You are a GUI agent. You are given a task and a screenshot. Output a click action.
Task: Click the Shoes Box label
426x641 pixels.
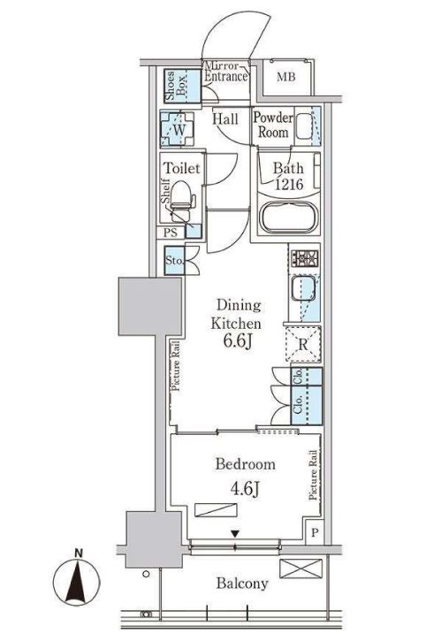click(x=175, y=86)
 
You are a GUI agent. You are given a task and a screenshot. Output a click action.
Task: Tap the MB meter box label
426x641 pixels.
click(x=285, y=77)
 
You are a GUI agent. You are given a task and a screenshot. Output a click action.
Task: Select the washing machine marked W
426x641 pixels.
click(x=178, y=129)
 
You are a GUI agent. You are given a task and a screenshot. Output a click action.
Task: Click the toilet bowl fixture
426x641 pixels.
click(x=181, y=201)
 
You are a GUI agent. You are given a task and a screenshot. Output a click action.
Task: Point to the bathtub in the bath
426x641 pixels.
click(x=289, y=217)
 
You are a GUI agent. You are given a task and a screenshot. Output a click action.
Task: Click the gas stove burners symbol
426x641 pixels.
click(x=305, y=258)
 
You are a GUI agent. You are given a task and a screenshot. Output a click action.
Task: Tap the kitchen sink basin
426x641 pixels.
click(x=303, y=287)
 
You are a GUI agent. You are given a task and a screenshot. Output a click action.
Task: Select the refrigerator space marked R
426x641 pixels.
click(x=303, y=344)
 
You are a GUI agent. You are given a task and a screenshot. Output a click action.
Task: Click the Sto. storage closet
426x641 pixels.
click(x=175, y=261)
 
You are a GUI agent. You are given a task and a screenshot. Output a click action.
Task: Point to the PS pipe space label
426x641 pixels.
click(x=171, y=233)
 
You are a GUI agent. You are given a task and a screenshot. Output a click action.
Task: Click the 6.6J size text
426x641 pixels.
click(x=237, y=341)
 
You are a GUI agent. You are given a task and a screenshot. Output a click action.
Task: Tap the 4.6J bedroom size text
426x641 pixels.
click(x=246, y=488)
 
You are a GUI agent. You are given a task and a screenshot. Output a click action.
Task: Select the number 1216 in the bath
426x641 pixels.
click(x=289, y=185)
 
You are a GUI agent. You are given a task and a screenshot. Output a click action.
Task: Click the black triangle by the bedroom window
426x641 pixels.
click(x=235, y=534)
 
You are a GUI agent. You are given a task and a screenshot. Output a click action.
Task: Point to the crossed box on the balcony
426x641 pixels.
click(x=300, y=569)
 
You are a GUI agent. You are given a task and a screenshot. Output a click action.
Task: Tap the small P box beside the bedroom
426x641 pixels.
click(x=315, y=532)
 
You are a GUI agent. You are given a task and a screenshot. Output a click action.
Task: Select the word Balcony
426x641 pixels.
click(x=242, y=584)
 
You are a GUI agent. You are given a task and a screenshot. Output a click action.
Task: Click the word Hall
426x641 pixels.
click(x=225, y=119)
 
